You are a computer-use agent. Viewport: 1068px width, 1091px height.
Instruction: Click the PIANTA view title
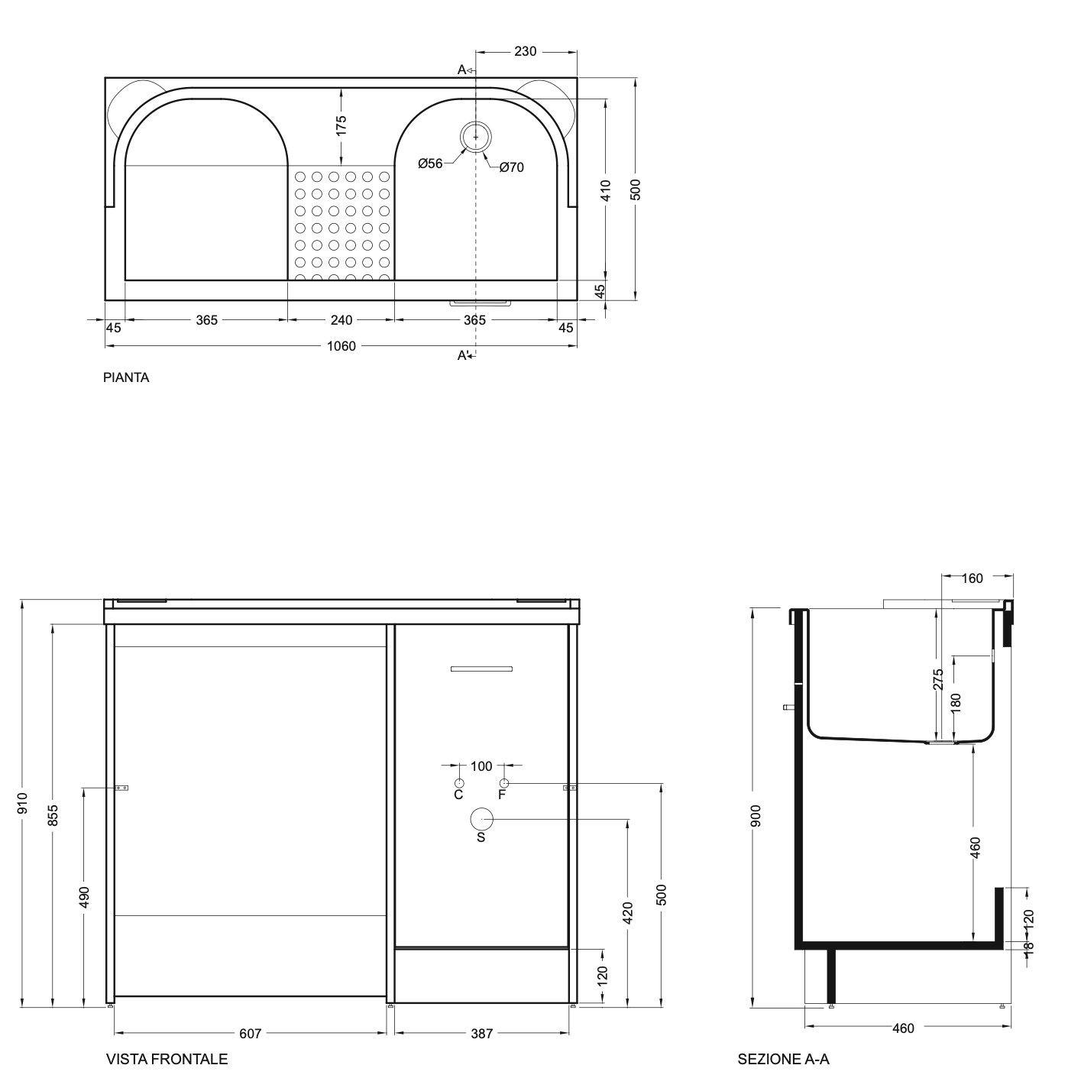click(126, 377)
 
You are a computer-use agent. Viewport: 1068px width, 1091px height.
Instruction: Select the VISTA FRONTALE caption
click(167, 1059)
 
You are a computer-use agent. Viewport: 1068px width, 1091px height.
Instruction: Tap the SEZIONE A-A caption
click(783, 1059)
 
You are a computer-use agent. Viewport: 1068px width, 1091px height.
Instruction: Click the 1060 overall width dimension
click(341, 346)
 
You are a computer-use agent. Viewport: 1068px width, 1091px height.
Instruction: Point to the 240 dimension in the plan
click(341, 320)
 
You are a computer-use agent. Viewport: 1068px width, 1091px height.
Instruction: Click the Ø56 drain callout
click(430, 163)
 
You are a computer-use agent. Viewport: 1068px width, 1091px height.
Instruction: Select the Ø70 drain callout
click(512, 167)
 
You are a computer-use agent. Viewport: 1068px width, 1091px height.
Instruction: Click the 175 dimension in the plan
click(341, 126)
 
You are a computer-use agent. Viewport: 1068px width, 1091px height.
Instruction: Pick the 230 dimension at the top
click(525, 51)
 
